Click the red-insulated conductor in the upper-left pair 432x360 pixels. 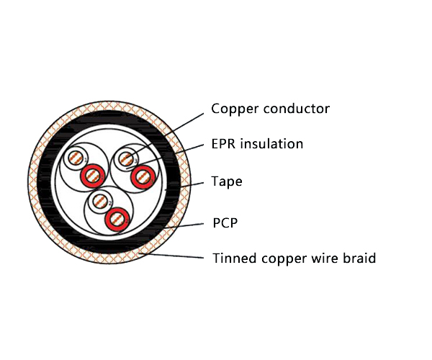(x=92, y=174)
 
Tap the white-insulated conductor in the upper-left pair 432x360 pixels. (x=75, y=158)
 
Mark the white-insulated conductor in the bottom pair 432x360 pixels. (x=101, y=201)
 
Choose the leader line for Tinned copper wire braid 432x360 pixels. (x=180, y=255)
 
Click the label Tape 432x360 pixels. (x=226, y=181)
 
